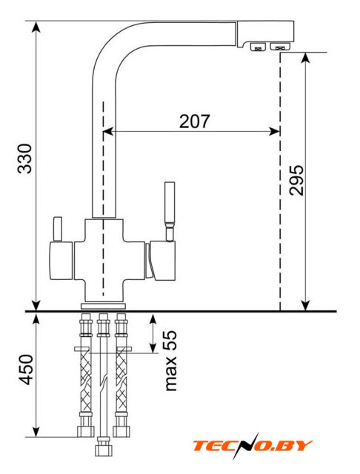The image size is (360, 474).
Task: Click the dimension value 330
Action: [x=24, y=158]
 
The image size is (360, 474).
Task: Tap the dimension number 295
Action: [x=296, y=180]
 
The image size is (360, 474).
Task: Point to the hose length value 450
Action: [x=25, y=370]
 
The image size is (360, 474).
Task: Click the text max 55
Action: [x=170, y=361]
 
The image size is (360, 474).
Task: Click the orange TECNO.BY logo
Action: [x=253, y=446]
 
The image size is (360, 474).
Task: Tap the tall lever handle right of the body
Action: [x=170, y=212]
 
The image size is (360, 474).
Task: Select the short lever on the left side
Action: [x=58, y=229]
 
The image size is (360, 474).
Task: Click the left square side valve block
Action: [x=61, y=261]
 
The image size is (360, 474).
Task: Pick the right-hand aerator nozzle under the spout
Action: [x=280, y=47]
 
